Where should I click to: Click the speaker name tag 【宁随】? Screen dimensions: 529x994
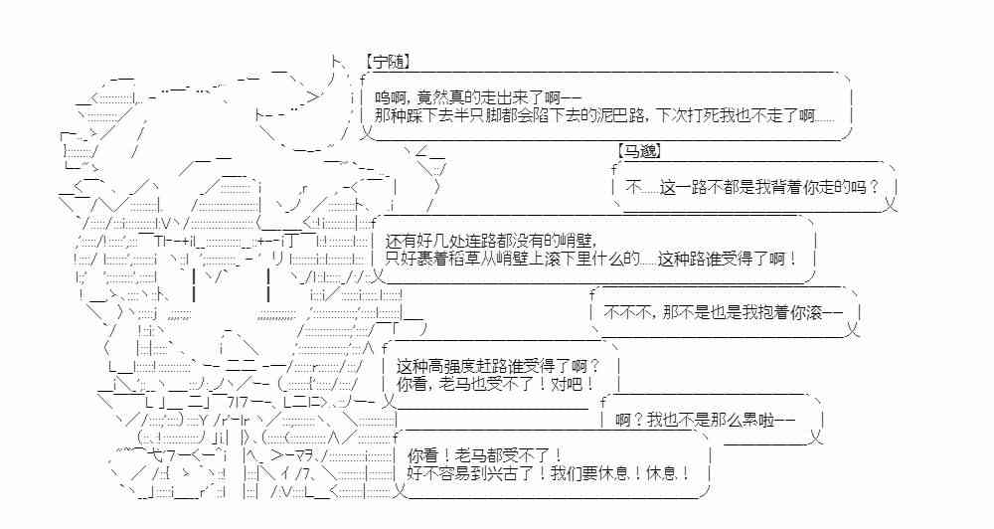coord(387,62)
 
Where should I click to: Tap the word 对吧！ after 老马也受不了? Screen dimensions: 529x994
coord(575,383)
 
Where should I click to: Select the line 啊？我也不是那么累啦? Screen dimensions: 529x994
coord(705,420)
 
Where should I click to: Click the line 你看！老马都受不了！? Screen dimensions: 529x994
coord(485,453)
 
